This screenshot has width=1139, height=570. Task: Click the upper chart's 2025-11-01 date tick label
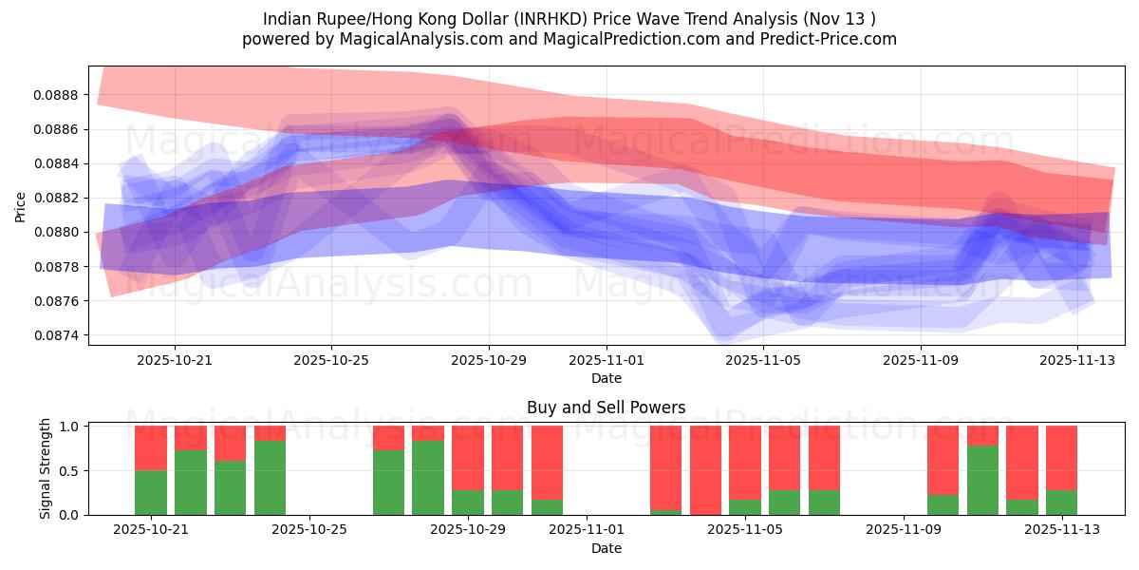(607, 360)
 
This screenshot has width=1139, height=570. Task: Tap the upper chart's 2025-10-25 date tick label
(331, 360)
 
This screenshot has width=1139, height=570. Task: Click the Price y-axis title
(21, 205)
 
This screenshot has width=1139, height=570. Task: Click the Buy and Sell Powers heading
(607, 408)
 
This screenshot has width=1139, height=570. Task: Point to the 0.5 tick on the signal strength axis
(69, 470)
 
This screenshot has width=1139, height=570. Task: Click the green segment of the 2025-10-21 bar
(151, 492)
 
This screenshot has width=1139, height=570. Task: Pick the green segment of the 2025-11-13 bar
(1061, 503)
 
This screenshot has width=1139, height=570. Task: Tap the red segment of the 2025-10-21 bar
(151, 447)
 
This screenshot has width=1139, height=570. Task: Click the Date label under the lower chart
(607, 548)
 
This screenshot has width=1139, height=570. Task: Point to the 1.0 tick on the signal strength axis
(69, 427)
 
